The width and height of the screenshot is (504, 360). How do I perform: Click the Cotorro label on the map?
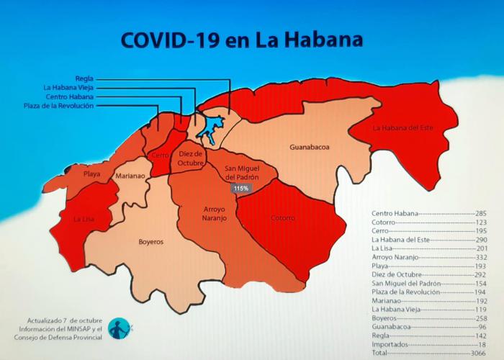click(283, 217)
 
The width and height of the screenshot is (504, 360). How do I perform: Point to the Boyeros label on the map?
click(150, 241)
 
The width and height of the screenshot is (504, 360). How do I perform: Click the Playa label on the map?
click(91, 174)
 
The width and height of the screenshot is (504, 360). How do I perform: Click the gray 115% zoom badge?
click(240, 188)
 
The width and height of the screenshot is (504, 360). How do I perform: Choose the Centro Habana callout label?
click(69, 96)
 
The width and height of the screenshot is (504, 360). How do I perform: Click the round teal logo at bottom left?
click(118, 329)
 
